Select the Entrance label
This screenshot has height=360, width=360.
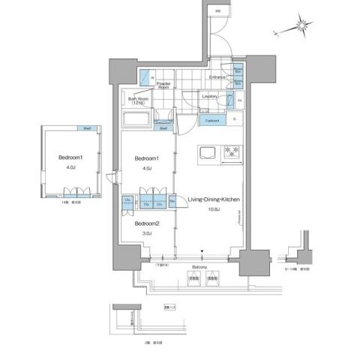tap(217, 77)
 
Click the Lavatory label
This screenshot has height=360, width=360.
tap(210, 96)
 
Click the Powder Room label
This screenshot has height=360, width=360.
tap(163, 85)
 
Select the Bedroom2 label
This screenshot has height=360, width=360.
tap(147, 223)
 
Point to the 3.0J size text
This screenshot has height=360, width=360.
tap(147, 234)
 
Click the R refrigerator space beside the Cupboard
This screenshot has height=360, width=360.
tap(234, 118)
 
